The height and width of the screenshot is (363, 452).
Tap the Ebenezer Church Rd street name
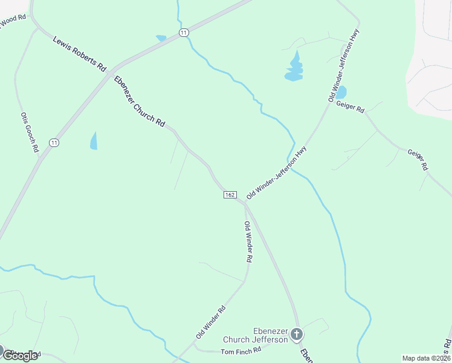pos(140,101)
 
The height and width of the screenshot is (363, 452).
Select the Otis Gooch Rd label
pos(30,131)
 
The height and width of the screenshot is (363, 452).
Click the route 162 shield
pos(230,195)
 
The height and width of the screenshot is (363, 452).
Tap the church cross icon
pos(297,333)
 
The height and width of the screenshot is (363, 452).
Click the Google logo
pos(19,355)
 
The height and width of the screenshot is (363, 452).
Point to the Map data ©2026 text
pos(427,358)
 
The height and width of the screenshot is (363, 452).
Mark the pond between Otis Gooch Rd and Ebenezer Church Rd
pos(94,140)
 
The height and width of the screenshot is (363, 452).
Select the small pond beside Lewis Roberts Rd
pos(161,38)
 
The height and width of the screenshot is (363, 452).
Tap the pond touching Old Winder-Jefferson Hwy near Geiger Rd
pos(341,93)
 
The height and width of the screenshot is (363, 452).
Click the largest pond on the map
pos(294,68)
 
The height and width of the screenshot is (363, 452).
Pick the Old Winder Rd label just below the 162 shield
pos(248,241)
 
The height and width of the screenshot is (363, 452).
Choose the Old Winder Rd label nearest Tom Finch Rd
pos(210,322)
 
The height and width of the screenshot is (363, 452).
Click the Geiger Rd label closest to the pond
pos(352,110)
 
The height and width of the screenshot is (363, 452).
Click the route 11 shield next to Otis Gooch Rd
pos(54,143)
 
